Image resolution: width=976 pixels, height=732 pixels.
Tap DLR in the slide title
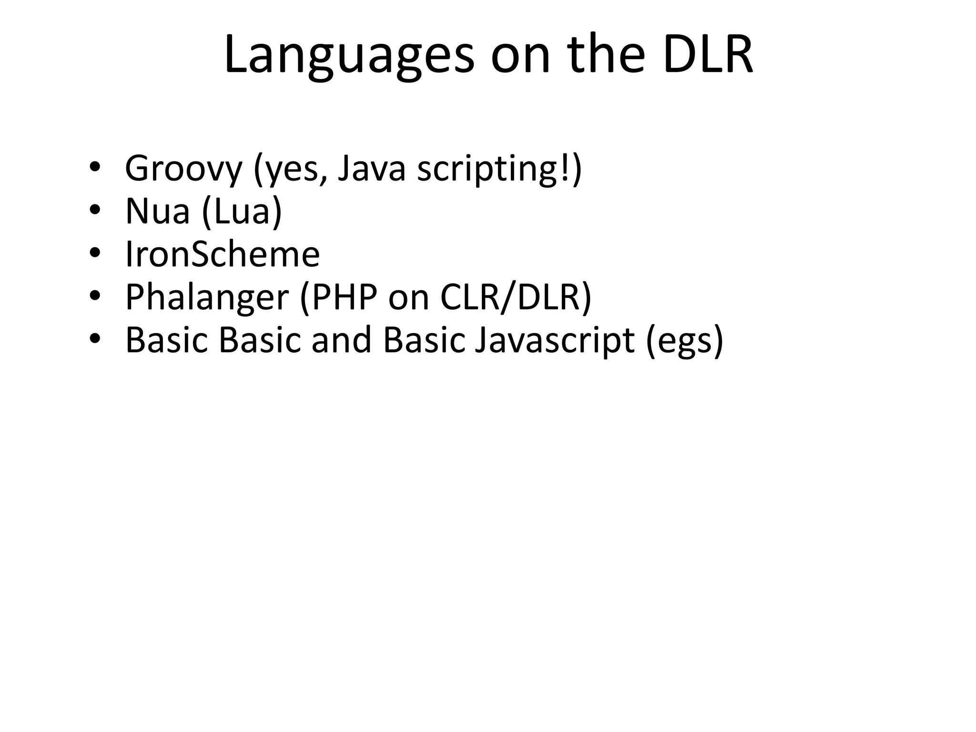point(708,54)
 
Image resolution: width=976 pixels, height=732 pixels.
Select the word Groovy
point(183,169)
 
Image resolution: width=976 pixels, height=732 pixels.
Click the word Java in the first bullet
point(371,169)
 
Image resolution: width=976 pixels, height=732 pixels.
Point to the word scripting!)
point(499,170)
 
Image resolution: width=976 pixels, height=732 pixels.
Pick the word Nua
point(157,212)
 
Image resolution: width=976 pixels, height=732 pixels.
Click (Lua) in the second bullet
point(242,212)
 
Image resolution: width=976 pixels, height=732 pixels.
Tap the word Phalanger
point(207,297)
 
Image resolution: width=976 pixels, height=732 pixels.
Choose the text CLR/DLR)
point(515,297)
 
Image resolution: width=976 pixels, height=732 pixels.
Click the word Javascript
point(555,340)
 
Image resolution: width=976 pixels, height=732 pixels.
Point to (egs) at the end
point(684,341)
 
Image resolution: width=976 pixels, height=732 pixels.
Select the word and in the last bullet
point(341,340)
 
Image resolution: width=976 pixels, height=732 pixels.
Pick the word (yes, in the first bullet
point(290,170)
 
